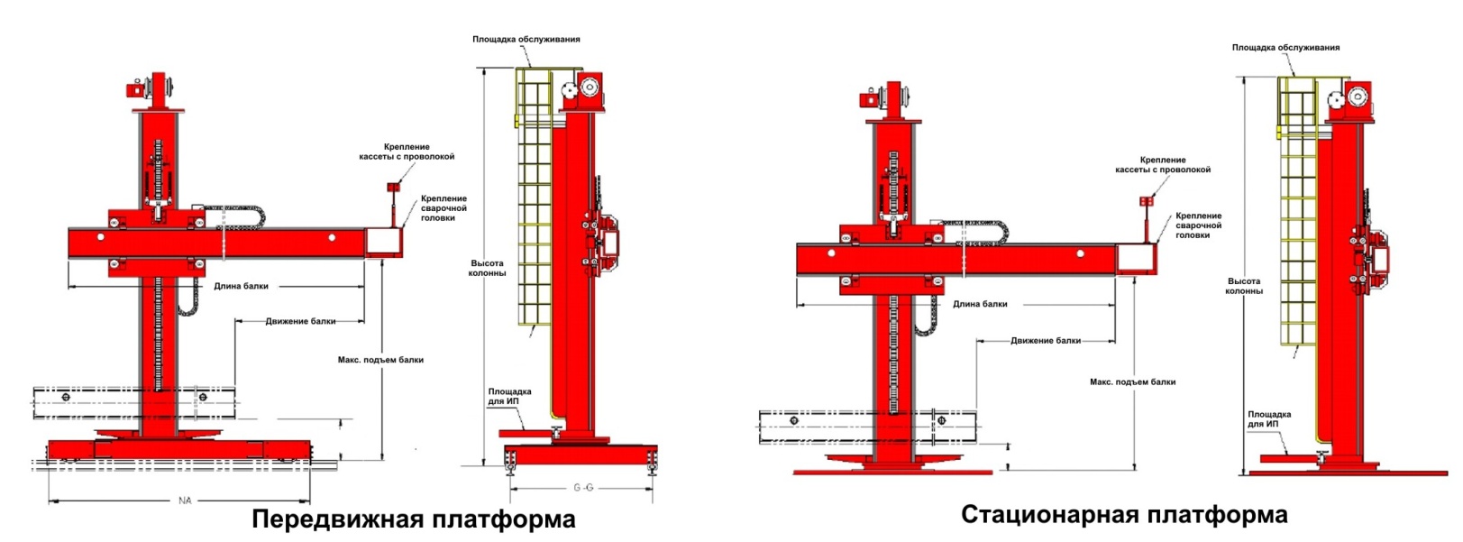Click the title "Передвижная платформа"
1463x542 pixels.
[414, 519]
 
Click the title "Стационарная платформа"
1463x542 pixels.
[1124, 515]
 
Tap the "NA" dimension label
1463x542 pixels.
[185, 501]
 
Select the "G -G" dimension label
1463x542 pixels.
[583, 488]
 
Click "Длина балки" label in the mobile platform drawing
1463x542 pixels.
[241, 286]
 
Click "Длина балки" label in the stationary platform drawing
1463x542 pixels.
[980, 304]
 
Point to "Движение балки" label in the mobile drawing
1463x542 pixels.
[300, 321]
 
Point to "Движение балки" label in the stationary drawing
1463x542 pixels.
[1045, 341]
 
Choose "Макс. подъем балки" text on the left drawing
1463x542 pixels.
[380, 360]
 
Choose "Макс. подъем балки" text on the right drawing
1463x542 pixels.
[1132, 381]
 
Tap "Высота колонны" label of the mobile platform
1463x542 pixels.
[487, 268]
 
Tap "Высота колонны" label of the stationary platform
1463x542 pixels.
[1244, 287]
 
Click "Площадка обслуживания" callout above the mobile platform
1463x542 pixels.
[526, 39]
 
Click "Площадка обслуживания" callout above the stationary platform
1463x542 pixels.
[1286, 48]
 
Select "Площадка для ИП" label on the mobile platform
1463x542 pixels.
[509, 396]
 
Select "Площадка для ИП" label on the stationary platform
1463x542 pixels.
[1269, 419]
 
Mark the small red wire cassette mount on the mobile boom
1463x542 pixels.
[393, 188]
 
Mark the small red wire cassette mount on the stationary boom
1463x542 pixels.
[1145, 201]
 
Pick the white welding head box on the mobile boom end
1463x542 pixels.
[382, 242]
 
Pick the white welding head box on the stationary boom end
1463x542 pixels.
[1135, 258]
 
